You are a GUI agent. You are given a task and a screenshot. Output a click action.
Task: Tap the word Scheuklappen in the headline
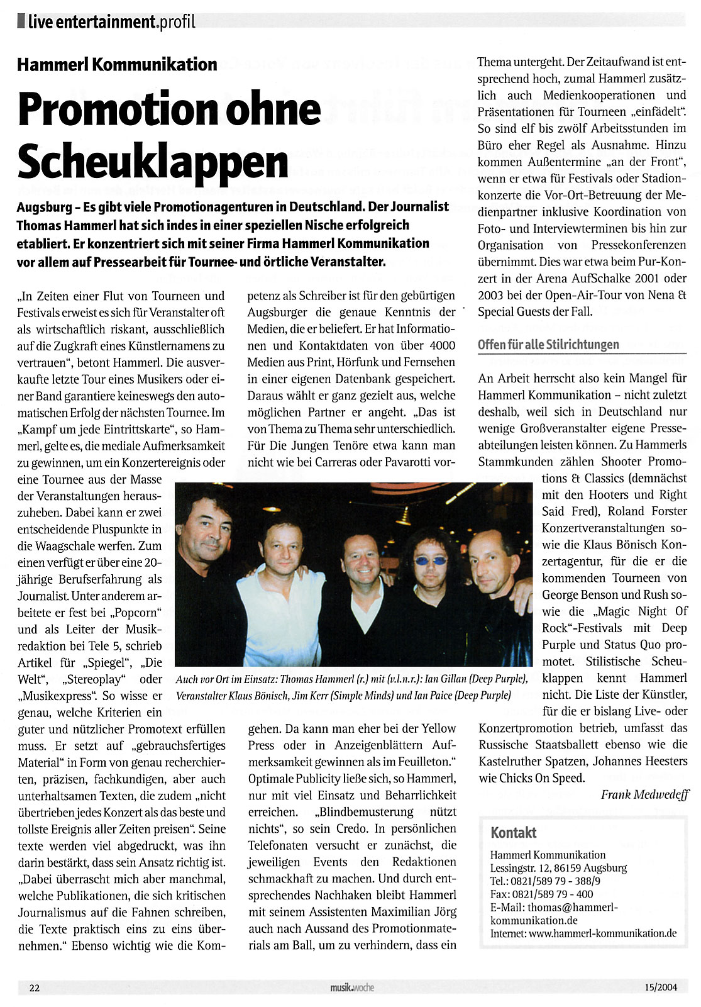153,162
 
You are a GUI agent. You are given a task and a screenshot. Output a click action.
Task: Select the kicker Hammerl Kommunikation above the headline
117,64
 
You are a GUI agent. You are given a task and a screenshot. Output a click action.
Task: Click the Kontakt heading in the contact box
513,832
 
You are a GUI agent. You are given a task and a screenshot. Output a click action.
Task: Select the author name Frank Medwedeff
644,794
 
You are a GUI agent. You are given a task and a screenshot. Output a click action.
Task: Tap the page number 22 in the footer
35,988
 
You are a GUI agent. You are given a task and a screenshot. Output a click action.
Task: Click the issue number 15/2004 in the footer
660,988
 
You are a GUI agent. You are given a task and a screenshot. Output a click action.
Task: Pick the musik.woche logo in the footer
352,988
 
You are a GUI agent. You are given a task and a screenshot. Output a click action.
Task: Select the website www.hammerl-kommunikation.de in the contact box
602,933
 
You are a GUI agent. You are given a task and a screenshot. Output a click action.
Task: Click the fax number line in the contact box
541,894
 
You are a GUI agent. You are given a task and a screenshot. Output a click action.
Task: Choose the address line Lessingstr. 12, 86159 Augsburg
558,868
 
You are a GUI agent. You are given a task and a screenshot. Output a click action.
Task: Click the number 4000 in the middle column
443,345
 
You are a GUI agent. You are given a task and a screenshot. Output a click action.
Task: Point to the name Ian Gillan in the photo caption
448,679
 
